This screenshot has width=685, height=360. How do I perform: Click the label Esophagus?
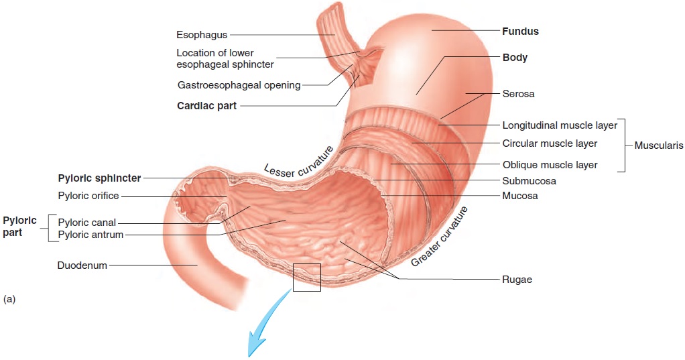pyautogui.click(x=202, y=34)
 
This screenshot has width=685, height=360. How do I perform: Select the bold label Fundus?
pyautogui.click(x=520, y=31)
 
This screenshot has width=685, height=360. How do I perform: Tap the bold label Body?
pyautogui.click(x=515, y=58)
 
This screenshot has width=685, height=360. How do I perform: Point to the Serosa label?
pyautogui.click(x=518, y=94)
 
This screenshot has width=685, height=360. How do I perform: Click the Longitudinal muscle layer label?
pyautogui.click(x=560, y=125)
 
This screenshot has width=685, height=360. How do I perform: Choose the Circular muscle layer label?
pyautogui.click(x=550, y=143)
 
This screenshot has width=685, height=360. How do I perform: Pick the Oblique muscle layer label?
pyautogui.click(x=550, y=165)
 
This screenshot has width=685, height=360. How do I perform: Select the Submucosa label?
pyautogui.click(x=529, y=180)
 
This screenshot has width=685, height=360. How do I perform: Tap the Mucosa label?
pyautogui.click(x=520, y=196)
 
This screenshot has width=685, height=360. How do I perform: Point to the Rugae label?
pyautogui.click(x=517, y=280)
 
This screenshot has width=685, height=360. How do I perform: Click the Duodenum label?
pyautogui.click(x=82, y=265)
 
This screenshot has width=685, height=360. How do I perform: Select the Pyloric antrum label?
pyautogui.click(x=90, y=235)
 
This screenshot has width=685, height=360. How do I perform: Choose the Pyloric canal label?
pyautogui.click(x=87, y=223)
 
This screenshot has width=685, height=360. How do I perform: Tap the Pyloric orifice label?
pyautogui.click(x=88, y=196)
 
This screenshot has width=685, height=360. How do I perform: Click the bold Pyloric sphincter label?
pyautogui.click(x=99, y=178)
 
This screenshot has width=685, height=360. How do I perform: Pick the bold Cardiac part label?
pyautogui.click(x=206, y=105)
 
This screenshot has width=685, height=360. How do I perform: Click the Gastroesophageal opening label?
pyautogui.click(x=239, y=85)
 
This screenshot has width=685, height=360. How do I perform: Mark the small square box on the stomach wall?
pyautogui.click(x=307, y=277)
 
